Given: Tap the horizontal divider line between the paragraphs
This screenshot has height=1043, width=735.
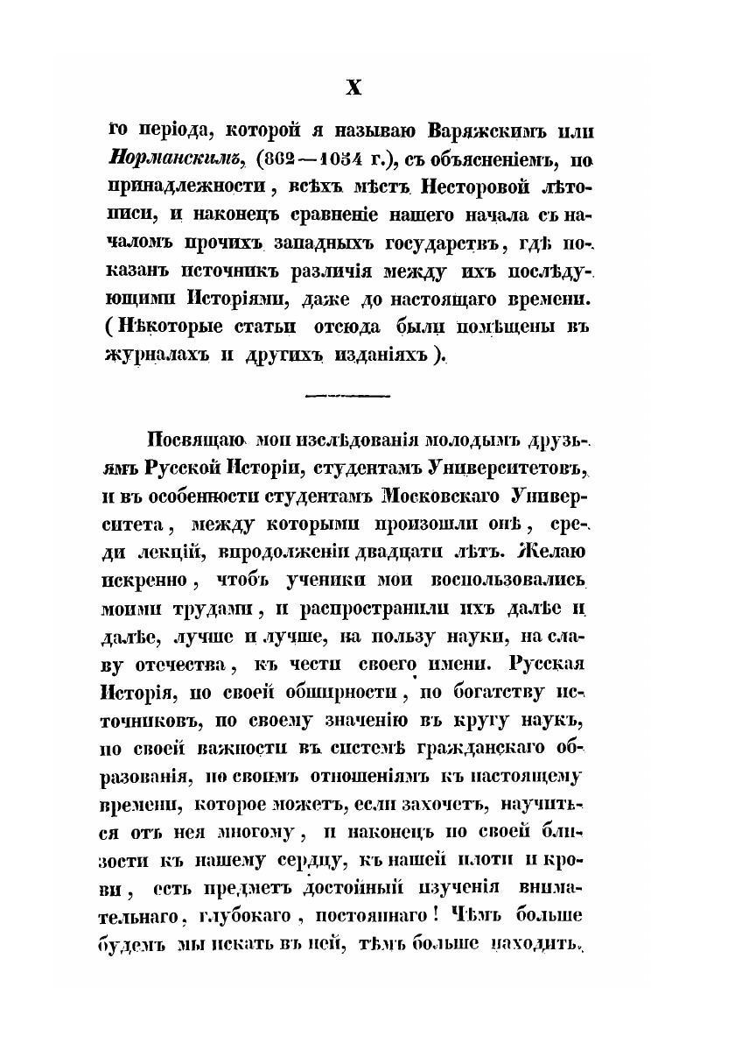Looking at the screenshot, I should pos(347,398).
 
